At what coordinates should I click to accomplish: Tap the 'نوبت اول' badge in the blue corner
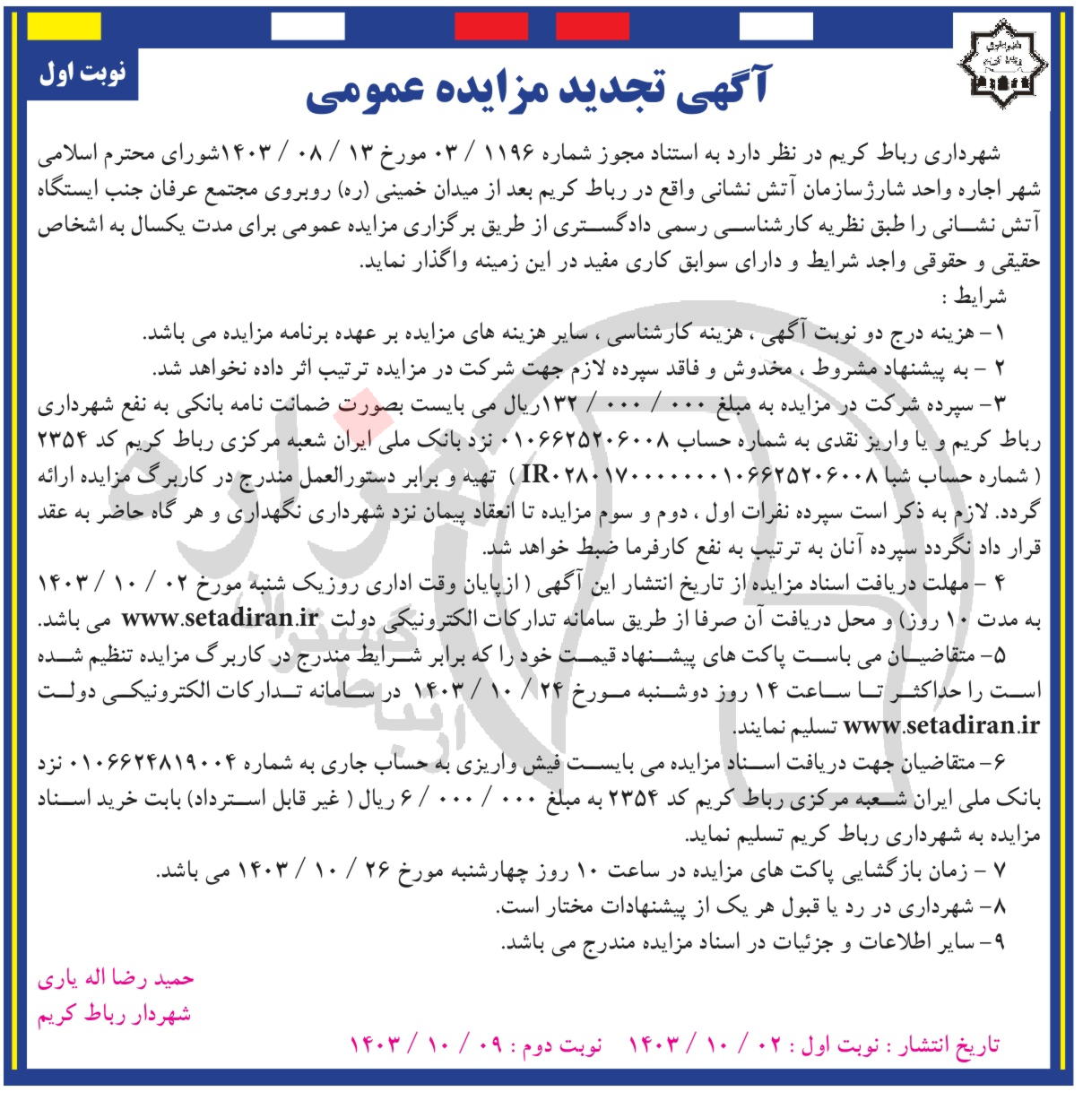pos(82,73)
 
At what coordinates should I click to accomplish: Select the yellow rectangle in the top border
pos(64,27)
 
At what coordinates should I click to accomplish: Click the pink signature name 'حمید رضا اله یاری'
pos(116,978)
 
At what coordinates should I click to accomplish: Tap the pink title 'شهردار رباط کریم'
pos(114,1014)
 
